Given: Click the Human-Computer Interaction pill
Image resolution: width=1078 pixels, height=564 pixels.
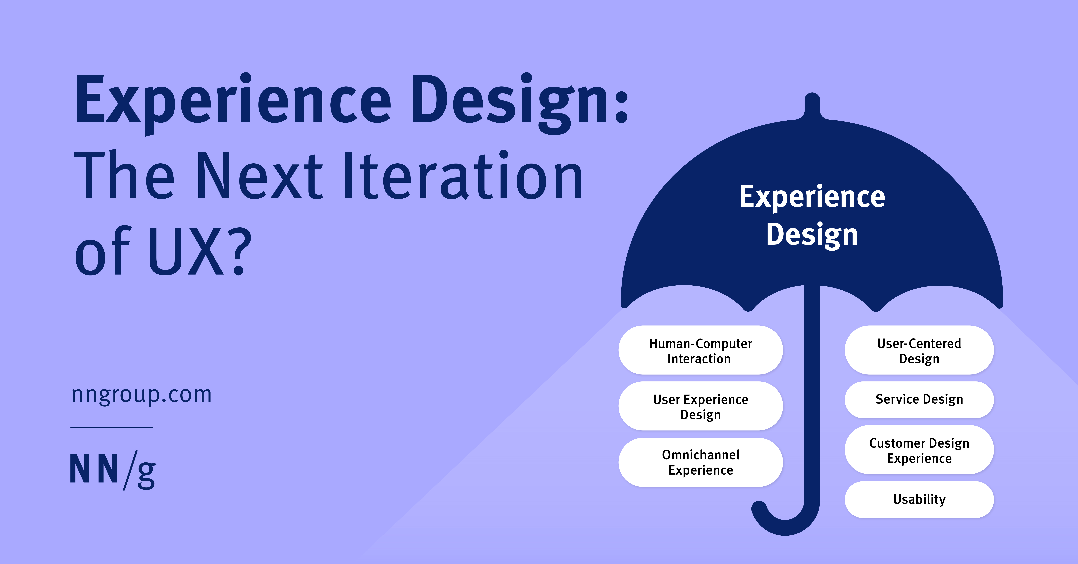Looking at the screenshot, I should (x=701, y=351).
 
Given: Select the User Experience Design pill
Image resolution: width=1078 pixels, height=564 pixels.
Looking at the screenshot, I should (x=701, y=406).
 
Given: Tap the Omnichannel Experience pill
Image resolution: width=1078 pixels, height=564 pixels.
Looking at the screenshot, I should (x=701, y=462).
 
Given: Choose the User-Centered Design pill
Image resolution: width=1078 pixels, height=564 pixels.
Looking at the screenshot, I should (x=919, y=351).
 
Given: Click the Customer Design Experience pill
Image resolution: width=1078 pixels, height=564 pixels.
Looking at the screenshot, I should (x=919, y=450).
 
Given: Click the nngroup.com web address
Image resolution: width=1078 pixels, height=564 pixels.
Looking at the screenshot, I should (x=142, y=395).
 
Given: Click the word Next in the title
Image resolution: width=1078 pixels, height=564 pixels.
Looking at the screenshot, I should (x=259, y=176).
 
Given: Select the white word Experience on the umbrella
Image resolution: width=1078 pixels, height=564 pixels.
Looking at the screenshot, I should (x=812, y=197).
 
